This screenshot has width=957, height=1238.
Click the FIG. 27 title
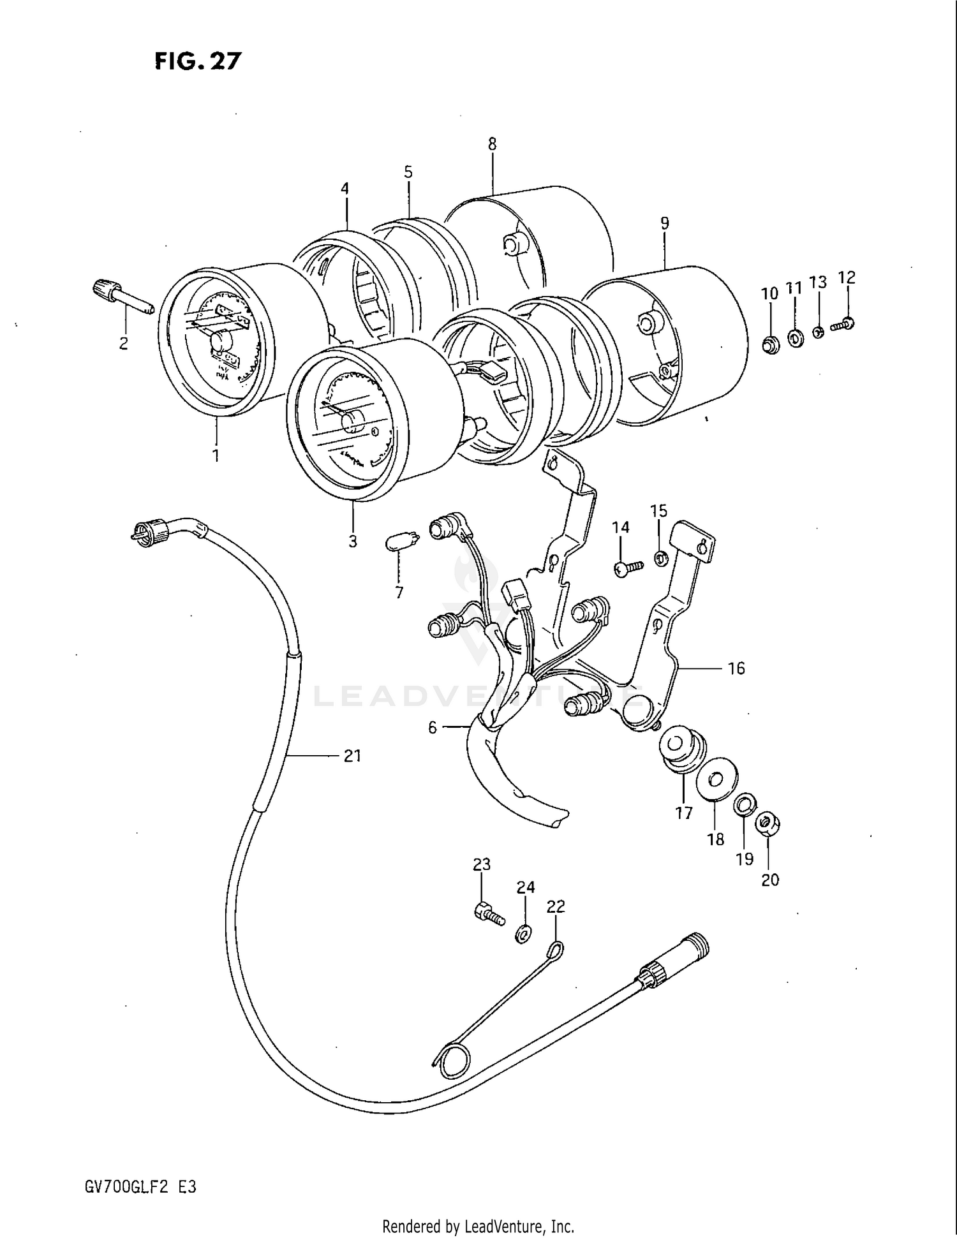[198, 61]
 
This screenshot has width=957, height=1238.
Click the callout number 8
[492, 144]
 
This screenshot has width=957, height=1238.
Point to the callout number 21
[352, 756]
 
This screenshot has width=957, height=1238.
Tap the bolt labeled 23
[489, 915]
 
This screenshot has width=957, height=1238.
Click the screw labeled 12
[843, 324]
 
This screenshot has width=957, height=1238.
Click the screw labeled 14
[625, 568]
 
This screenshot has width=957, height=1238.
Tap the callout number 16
[736, 668]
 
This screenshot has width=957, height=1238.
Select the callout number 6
[432, 728]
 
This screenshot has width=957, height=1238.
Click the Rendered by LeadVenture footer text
[478, 1226]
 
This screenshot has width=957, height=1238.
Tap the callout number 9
[664, 223]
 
